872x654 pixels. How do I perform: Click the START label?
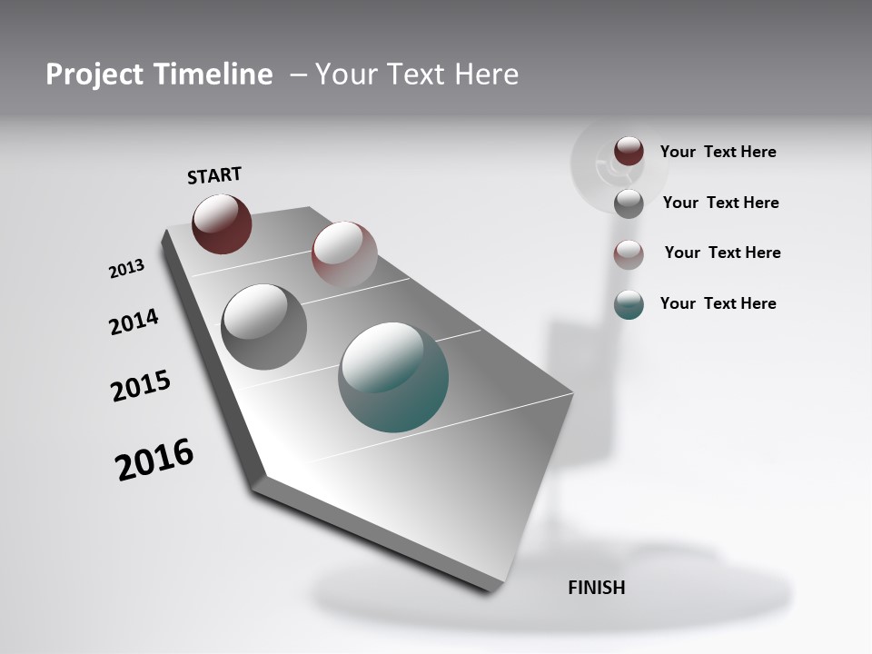point(214,175)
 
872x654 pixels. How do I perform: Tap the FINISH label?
point(596,588)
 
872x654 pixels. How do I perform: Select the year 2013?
point(126,269)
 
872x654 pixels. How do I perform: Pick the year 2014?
point(134,322)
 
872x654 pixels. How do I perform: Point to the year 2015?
point(141,386)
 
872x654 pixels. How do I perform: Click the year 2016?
point(154,460)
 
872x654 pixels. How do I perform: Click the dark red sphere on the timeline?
point(222,223)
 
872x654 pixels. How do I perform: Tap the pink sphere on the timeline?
point(344,253)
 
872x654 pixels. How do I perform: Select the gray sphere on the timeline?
point(263,326)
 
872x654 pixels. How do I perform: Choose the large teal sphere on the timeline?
point(393,377)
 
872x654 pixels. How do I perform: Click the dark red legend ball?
point(629,151)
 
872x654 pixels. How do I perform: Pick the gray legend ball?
point(629,203)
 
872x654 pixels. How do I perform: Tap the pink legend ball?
point(629,254)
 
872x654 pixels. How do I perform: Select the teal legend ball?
point(629,304)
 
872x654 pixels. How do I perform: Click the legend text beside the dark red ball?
point(718,152)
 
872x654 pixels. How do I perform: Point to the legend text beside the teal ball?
point(718,303)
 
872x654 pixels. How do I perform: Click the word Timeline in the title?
point(213,74)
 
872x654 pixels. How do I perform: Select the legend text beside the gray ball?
point(720,203)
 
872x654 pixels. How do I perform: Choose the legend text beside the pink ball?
point(722,253)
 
